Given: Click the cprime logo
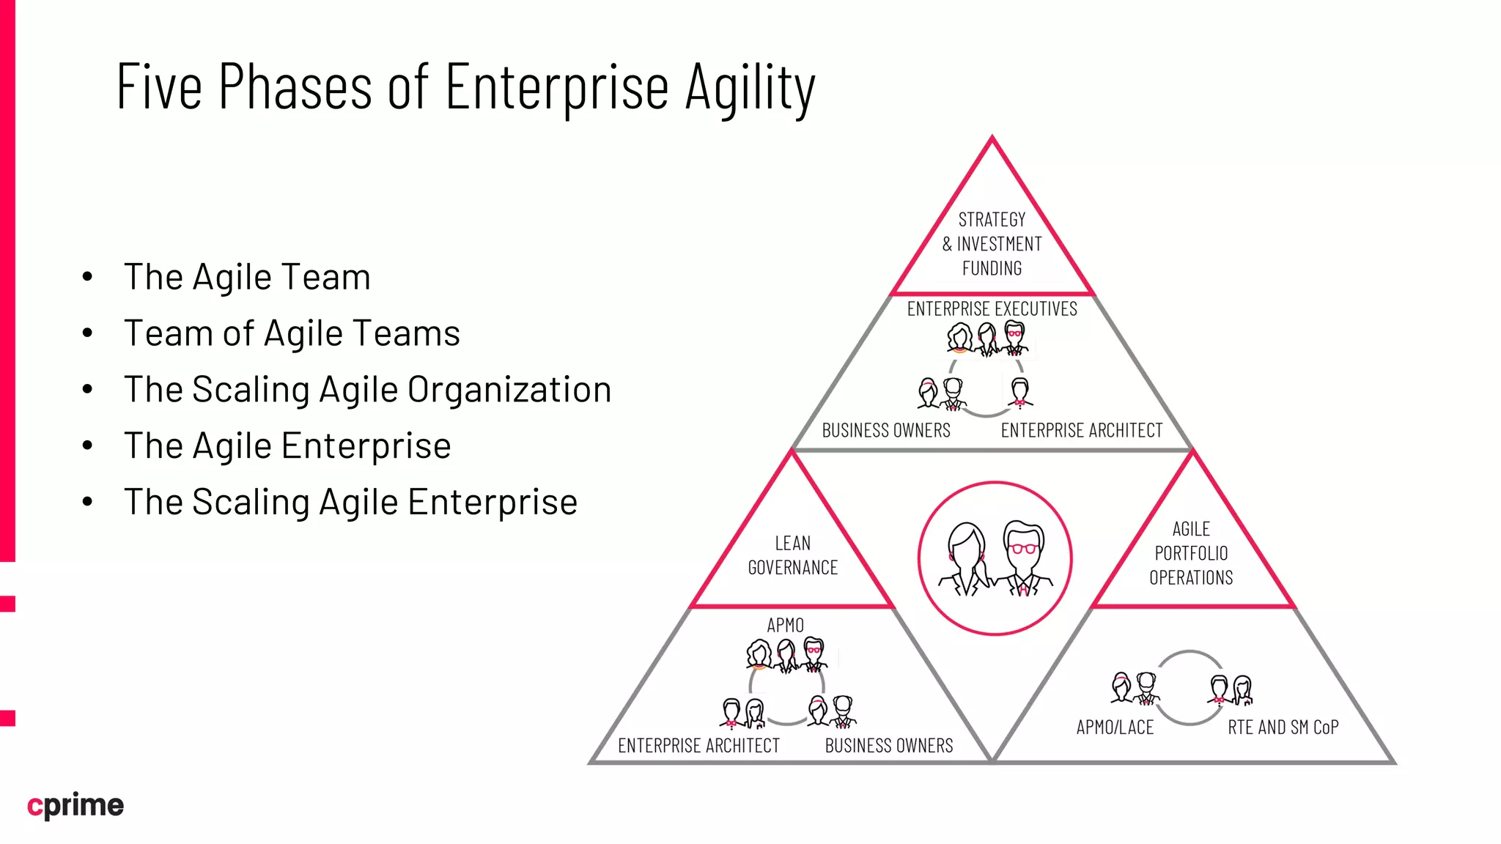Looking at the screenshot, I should (75, 805).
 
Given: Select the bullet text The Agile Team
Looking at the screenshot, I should (247, 277).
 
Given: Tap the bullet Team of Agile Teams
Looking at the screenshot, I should (292, 333).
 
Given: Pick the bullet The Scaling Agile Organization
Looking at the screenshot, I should (367, 389).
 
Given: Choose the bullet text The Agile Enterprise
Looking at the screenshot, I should (287, 445).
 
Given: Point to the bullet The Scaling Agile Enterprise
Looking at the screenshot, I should (350, 502).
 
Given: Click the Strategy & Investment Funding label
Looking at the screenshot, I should (992, 243).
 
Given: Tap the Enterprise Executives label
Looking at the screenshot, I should (992, 309).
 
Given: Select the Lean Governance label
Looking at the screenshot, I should (792, 555).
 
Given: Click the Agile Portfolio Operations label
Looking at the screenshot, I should (1191, 553).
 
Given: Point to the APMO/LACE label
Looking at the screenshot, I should (1115, 728).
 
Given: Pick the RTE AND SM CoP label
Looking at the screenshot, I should (1283, 728).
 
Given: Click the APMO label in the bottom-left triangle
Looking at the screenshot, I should (785, 625).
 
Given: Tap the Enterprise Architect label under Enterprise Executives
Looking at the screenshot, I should (1081, 430).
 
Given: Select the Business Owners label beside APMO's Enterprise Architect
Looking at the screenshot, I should (888, 746).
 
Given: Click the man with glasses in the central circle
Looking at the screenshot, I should (1024, 558).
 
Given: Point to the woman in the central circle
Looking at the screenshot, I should (965, 560).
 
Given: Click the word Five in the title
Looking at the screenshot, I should (159, 88).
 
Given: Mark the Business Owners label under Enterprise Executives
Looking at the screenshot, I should (885, 430).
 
